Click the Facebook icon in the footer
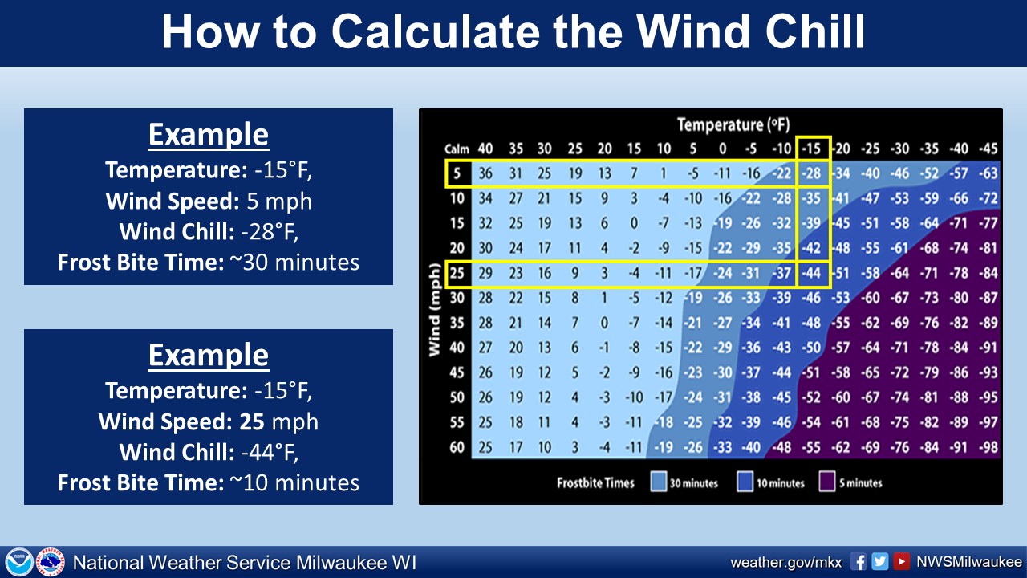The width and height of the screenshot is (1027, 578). (859, 561)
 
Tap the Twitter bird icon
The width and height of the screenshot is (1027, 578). (880, 561)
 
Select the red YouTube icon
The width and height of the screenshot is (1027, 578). (901, 561)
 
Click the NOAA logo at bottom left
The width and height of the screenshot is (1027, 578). (18, 561)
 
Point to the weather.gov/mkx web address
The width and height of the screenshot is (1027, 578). (785, 563)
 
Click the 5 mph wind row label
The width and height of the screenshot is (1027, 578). (457, 173)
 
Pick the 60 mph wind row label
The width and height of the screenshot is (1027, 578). (457, 447)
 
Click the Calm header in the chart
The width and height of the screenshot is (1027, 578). (457, 149)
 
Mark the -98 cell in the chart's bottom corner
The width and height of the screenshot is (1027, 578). (988, 447)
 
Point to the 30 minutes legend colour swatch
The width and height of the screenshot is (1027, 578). (659, 482)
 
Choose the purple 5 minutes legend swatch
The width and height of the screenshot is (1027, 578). (826, 482)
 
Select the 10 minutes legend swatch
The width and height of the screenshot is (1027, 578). (745, 482)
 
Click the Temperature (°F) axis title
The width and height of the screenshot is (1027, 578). (733, 124)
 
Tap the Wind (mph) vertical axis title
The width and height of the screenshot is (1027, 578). (434, 310)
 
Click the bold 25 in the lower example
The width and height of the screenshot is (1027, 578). (252, 421)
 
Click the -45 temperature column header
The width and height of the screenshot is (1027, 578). (988, 149)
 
